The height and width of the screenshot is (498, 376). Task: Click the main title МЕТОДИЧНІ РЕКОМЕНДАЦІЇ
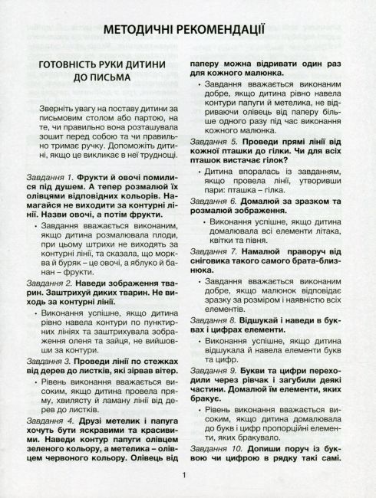point(188,31)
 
